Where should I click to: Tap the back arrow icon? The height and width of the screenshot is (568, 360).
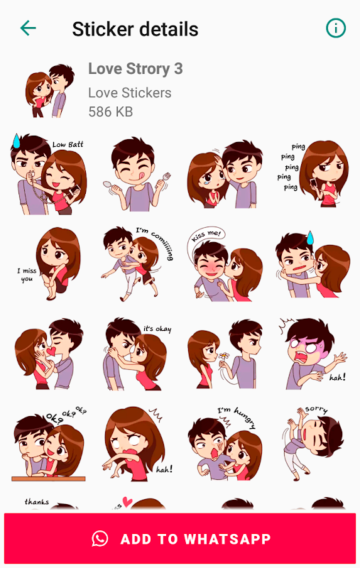pos(28,28)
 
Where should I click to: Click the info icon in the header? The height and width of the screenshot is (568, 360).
pos(336,28)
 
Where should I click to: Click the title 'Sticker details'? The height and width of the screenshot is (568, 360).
pos(135,29)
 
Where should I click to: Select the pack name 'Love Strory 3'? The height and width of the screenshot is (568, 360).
pos(136,68)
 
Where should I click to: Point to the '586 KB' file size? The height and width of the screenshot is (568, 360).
pos(111,111)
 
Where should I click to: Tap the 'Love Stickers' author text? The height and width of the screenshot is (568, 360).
pos(130,93)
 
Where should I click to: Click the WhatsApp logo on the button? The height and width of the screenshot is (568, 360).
pos(100,539)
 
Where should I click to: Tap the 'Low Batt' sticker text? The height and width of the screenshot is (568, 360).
pos(67,145)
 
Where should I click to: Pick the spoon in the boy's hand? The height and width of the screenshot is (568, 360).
pos(110,185)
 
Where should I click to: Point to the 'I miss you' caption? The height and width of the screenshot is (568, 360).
pos(27,275)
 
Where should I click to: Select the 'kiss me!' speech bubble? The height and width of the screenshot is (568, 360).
pos(205,236)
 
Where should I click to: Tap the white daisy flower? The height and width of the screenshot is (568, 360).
pos(224,356)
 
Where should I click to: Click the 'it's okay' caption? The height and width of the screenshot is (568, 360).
pos(157,329)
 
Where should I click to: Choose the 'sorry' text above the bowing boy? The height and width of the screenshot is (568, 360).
pos(316,410)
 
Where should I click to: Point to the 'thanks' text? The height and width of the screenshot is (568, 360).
pos(37,502)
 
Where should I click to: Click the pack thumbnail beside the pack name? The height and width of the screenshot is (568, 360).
pos(50,91)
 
